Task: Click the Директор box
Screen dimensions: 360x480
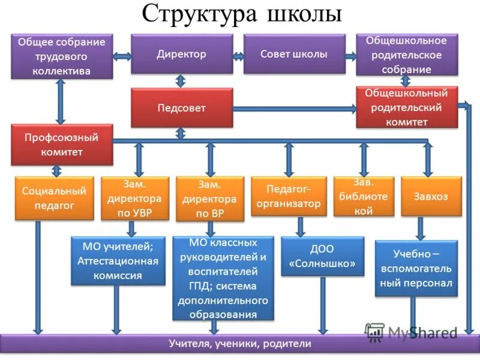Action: coord(182,54)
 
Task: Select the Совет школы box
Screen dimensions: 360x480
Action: coord(294,54)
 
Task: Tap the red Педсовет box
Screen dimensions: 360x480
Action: coord(182,108)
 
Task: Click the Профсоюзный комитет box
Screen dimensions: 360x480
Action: coord(62,145)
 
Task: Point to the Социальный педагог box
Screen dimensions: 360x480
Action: coord(54,198)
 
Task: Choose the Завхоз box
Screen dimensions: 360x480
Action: coord(431,196)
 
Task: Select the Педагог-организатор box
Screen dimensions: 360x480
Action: coord(289,196)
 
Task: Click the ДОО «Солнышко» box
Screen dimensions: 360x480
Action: coord(323,256)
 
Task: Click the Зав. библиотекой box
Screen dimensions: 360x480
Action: coord(364,196)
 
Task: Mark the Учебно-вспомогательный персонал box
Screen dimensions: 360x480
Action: coord(416,268)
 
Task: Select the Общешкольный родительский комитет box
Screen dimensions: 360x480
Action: coord(407,107)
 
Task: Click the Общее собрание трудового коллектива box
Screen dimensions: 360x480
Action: coord(62,56)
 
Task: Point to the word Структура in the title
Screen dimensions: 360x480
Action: coord(195,15)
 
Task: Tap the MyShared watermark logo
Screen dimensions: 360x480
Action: coord(412,332)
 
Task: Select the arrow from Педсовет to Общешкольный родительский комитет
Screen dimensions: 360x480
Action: coord(294,109)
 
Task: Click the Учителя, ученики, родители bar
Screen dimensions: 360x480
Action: coord(240,344)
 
